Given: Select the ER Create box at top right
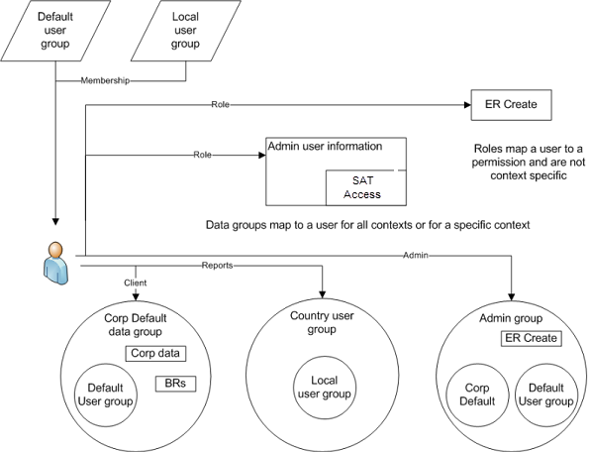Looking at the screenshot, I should [x=511, y=105].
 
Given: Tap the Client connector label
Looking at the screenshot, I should [x=135, y=282].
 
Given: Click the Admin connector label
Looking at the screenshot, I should [x=415, y=257].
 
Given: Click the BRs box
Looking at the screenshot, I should [x=170, y=383].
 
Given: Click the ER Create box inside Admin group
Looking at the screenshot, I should [x=531, y=339].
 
